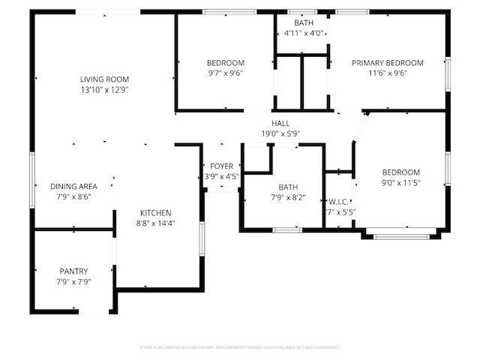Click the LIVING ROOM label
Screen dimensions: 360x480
[105, 79]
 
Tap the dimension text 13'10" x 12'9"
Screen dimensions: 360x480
[105, 89]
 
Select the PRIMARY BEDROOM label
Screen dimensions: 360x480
[388, 63]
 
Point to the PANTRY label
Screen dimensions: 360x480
[74, 271]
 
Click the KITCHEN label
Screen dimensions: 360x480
[154, 212]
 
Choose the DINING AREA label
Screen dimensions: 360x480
[74, 186]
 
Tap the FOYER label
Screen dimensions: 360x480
[221, 166]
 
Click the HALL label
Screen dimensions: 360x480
[280, 123]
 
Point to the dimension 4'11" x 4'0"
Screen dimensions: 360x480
[304, 33]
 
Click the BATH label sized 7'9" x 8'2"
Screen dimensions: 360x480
[288, 187]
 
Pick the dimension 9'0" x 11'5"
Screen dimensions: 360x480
[400, 182]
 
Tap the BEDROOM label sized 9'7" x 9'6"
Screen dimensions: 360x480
[226, 63]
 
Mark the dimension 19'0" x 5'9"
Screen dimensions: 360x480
[280, 133]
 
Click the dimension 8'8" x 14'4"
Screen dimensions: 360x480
[155, 223]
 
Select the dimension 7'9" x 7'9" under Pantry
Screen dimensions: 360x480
[74, 281]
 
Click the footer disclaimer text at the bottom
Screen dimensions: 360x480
[240, 347]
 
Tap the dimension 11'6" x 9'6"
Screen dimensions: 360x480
[388, 73]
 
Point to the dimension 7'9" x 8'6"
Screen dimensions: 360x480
[74, 196]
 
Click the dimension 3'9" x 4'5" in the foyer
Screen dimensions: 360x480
[221, 177]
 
